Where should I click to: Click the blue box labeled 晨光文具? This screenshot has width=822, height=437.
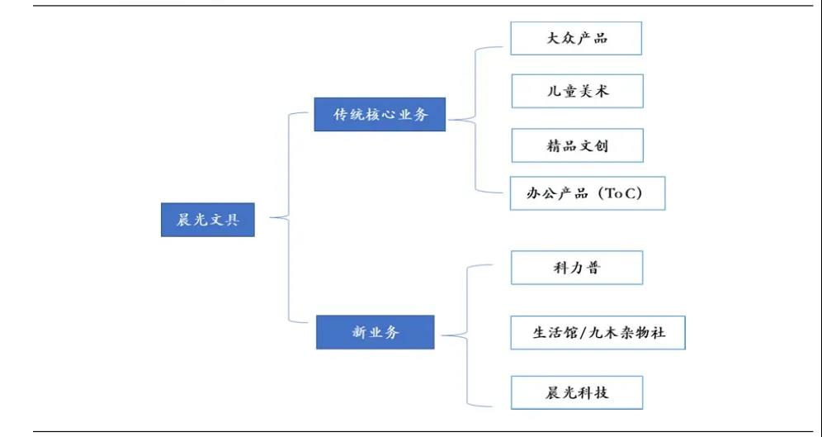(x=208, y=220)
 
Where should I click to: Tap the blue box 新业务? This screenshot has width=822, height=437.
(x=376, y=333)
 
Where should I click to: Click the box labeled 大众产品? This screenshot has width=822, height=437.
(x=576, y=38)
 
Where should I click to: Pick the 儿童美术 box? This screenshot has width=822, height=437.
(x=577, y=91)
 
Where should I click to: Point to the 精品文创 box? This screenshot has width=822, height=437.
(x=577, y=145)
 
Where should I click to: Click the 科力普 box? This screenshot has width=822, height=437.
(x=576, y=268)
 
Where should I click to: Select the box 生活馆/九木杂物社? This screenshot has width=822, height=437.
(x=598, y=333)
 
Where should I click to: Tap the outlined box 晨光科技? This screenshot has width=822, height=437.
(x=576, y=392)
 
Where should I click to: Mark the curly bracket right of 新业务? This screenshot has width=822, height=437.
(x=456, y=335)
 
